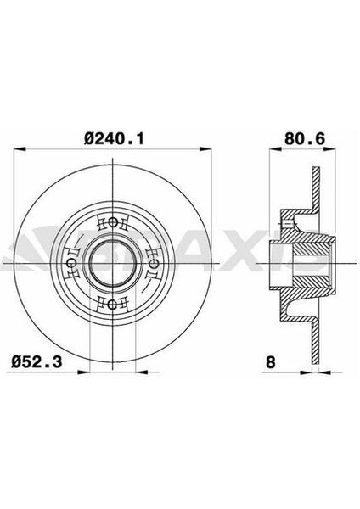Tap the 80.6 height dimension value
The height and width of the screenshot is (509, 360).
[294, 135]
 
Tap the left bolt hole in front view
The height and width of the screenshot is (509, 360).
[73, 264]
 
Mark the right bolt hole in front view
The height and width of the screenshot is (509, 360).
[155, 264]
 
